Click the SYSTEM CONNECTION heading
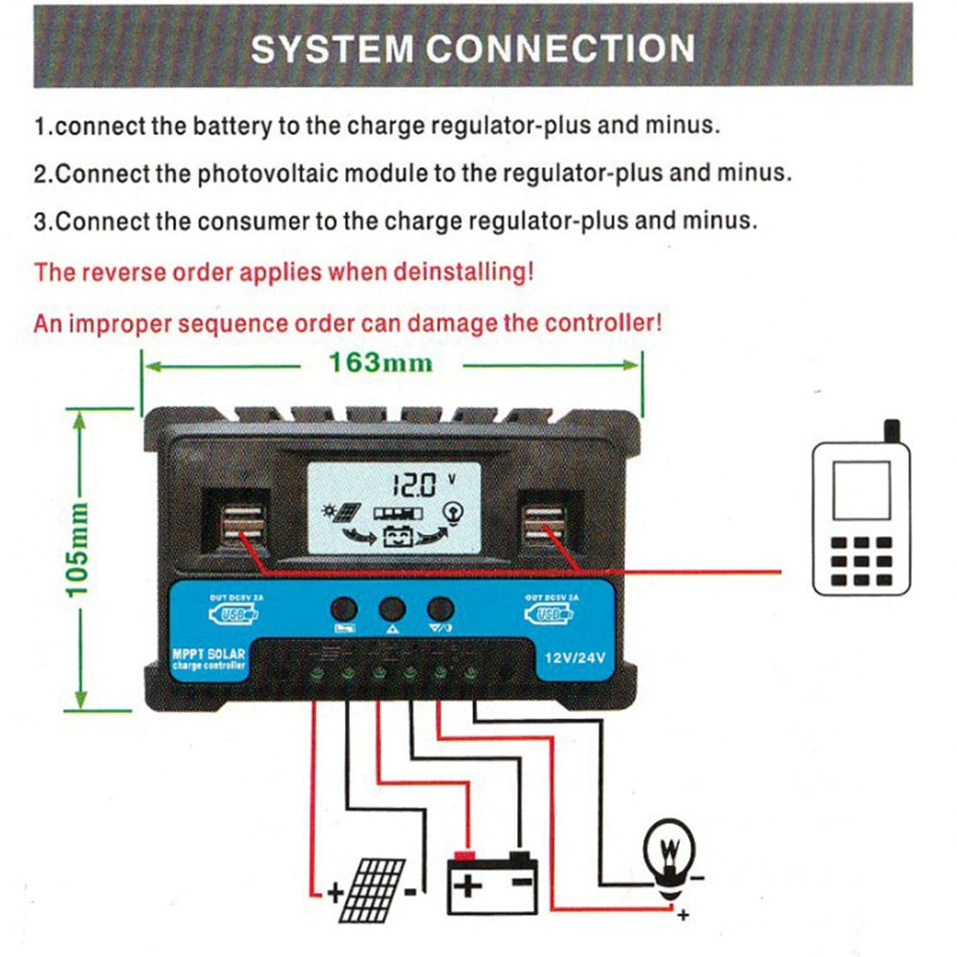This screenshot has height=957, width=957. click(472, 49)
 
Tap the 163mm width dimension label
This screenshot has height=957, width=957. click(381, 363)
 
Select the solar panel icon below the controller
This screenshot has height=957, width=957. click(372, 888)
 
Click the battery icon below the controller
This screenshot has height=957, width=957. click(492, 881)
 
